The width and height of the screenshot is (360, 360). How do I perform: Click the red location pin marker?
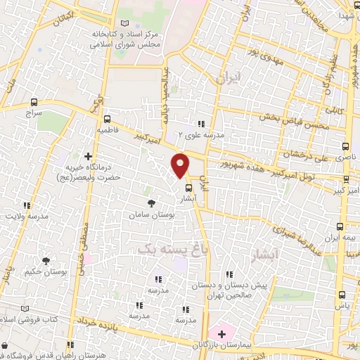point(180,164)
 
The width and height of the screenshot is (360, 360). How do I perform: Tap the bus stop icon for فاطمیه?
point(107,119)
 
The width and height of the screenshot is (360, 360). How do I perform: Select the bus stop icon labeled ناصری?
point(345,146)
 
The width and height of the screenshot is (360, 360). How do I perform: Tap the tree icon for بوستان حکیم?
point(46,261)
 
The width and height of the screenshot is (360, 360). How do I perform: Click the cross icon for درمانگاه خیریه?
point(88,156)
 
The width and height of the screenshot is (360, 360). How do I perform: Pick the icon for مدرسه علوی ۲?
point(202,124)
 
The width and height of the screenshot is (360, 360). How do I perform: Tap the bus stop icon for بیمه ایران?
point(340,226)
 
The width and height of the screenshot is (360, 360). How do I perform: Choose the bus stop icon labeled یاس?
point(345,295)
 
